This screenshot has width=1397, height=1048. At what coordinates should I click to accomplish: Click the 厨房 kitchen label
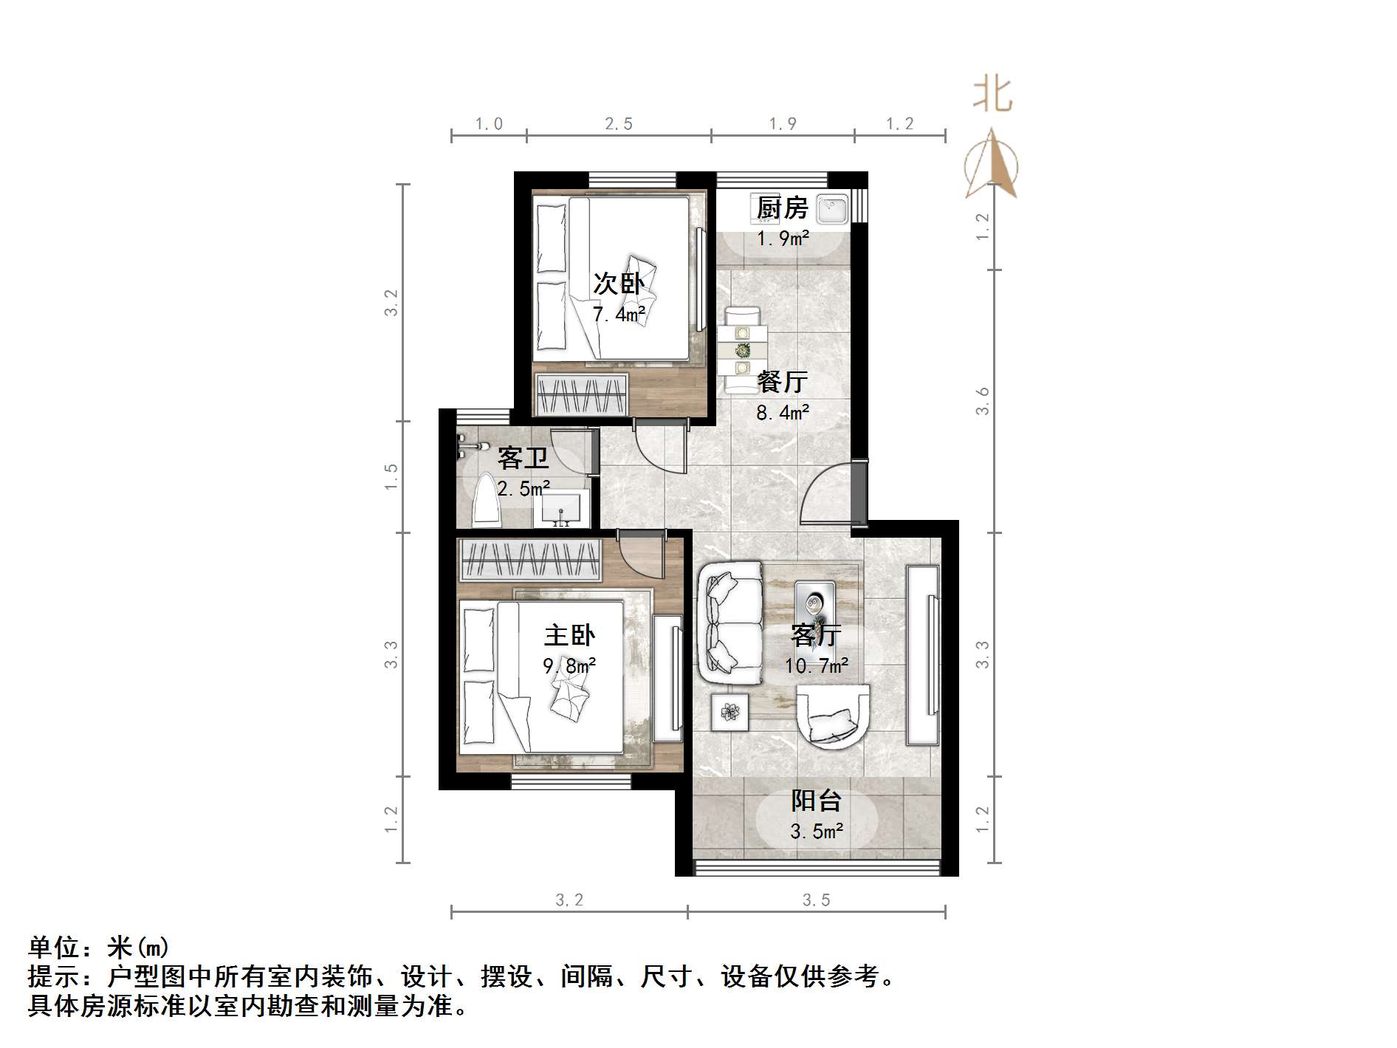point(782,208)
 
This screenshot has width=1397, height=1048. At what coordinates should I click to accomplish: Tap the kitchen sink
point(832,208)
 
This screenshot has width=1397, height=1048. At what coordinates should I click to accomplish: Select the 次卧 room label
point(619,284)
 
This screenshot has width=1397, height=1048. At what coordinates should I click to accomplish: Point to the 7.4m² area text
point(619,315)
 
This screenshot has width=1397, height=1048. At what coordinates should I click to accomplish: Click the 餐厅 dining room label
point(782,382)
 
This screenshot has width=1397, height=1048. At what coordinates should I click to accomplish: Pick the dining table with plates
point(742,350)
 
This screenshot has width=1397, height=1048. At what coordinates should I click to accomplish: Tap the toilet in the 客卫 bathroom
point(486,501)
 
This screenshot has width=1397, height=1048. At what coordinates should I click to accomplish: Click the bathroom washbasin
point(561,508)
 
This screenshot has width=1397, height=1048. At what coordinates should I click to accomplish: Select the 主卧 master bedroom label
point(569,635)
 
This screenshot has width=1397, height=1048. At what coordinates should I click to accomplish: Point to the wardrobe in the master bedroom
point(529,559)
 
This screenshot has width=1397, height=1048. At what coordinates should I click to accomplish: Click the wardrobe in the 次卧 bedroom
point(582,395)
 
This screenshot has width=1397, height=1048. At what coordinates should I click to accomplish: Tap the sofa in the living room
point(730,622)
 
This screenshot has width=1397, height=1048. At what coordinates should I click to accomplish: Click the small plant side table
point(730,712)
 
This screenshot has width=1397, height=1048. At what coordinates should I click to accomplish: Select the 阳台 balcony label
point(816,801)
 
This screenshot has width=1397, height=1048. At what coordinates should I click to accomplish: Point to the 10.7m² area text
point(816,666)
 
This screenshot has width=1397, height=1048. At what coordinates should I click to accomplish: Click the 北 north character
point(992,95)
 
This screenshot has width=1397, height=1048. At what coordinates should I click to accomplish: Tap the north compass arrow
point(992,165)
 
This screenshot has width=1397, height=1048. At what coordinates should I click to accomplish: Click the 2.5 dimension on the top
point(619,124)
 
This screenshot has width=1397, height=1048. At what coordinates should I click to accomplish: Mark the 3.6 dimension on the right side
point(982,401)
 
